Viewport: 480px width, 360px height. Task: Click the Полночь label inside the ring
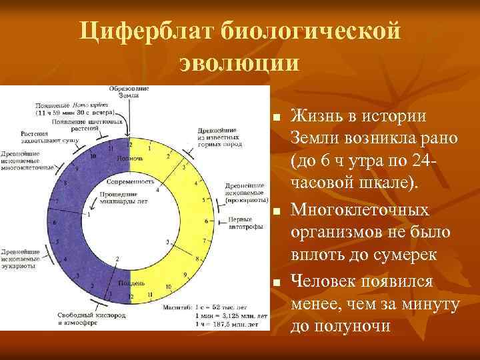pyautogui.click(x=128, y=159)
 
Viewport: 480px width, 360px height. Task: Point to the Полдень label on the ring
pyautogui.click(x=129, y=283)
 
